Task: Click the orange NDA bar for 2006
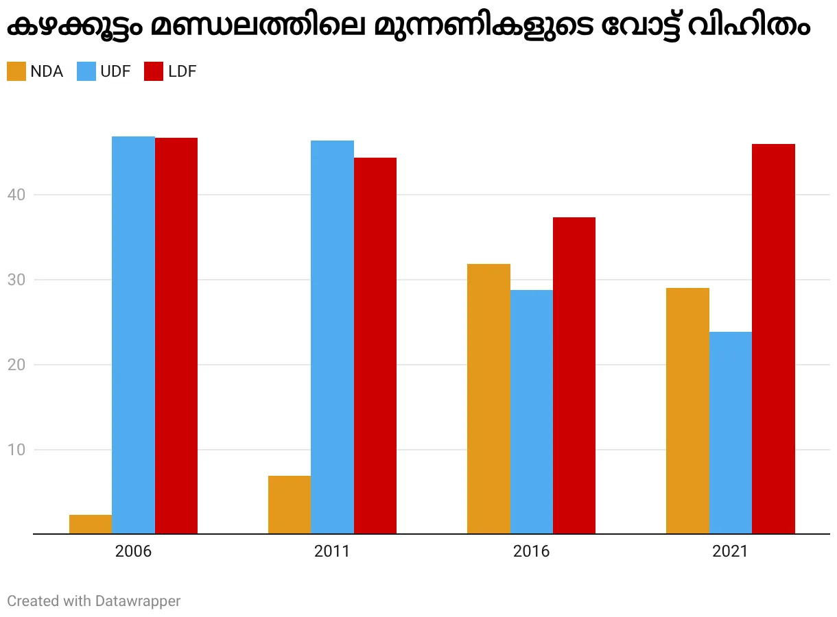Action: point(91,524)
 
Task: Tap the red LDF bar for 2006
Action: point(176,335)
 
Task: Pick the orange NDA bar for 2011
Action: point(290,505)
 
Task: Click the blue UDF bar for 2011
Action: point(332,337)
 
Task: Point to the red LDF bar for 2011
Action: point(375,346)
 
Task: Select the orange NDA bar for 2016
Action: point(488,398)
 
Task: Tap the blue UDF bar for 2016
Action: point(532,411)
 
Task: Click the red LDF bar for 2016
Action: point(574,375)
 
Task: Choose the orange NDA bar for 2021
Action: point(687,411)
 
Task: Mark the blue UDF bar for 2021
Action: point(731,433)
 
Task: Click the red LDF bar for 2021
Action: point(773,339)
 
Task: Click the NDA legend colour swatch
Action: point(16,71)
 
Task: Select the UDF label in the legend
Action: point(115,71)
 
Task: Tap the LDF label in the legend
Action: point(182,71)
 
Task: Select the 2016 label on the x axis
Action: point(531,552)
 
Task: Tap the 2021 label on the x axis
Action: point(730,552)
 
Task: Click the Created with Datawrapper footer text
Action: point(94,601)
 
